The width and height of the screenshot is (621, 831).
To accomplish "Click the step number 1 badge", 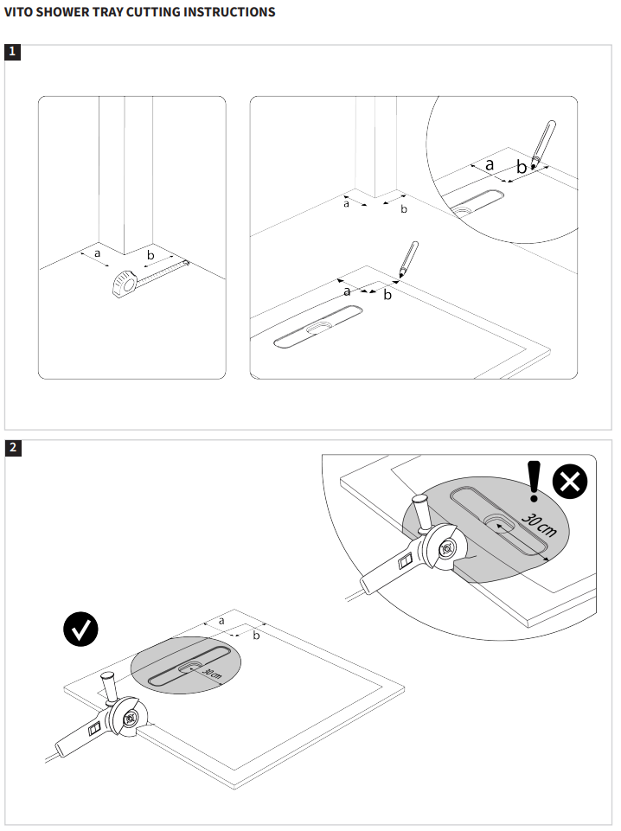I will [12, 52].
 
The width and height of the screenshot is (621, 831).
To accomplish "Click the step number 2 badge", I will [12, 447].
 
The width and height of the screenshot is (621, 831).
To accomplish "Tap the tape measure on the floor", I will [124, 283].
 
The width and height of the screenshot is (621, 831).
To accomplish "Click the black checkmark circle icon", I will [81, 630].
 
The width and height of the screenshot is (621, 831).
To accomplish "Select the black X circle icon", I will [569, 483].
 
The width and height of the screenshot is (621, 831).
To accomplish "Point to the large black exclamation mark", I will [534, 481].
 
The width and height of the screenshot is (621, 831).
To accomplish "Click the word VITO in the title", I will [19, 12].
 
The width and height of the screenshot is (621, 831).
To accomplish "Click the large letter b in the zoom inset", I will [521, 167].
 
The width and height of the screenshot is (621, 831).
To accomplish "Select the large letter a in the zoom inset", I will [489, 163].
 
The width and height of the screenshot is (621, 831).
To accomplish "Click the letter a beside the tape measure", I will [97, 252].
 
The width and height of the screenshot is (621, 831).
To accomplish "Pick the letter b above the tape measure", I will [151, 255].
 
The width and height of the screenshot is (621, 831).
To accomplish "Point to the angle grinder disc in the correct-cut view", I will [131, 717].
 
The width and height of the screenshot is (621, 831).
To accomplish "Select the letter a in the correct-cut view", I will [221, 620].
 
